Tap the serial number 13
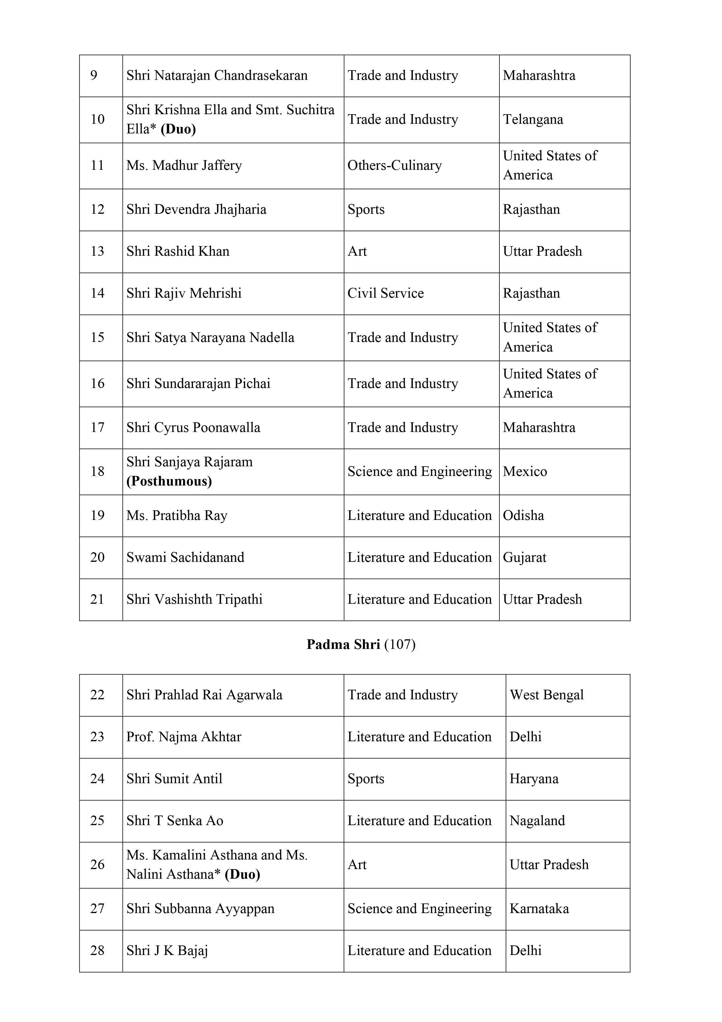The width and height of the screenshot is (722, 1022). pos(97,251)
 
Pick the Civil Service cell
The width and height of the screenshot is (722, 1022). pos(385,293)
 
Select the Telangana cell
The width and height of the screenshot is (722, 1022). pos(533,119)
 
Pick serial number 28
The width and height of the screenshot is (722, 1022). pos(97,950)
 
